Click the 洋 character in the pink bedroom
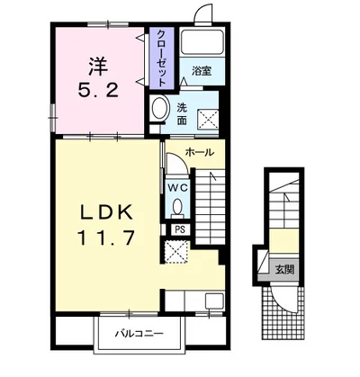click(98, 67)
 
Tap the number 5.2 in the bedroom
click(98, 90)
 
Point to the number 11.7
click(105, 238)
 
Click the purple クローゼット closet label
click(161, 58)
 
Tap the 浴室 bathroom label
click(202, 71)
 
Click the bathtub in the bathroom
click(202, 41)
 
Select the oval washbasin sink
click(159, 108)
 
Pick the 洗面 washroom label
click(181, 113)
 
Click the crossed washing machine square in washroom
click(208, 120)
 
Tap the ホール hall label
click(200, 152)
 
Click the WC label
click(177, 188)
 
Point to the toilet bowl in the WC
click(177, 207)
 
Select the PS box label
click(180, 229)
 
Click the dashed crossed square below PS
click(176, 251)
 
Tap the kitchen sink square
click(214, 301)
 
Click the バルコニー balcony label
click(139, 333)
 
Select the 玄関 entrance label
click(284, 270)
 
